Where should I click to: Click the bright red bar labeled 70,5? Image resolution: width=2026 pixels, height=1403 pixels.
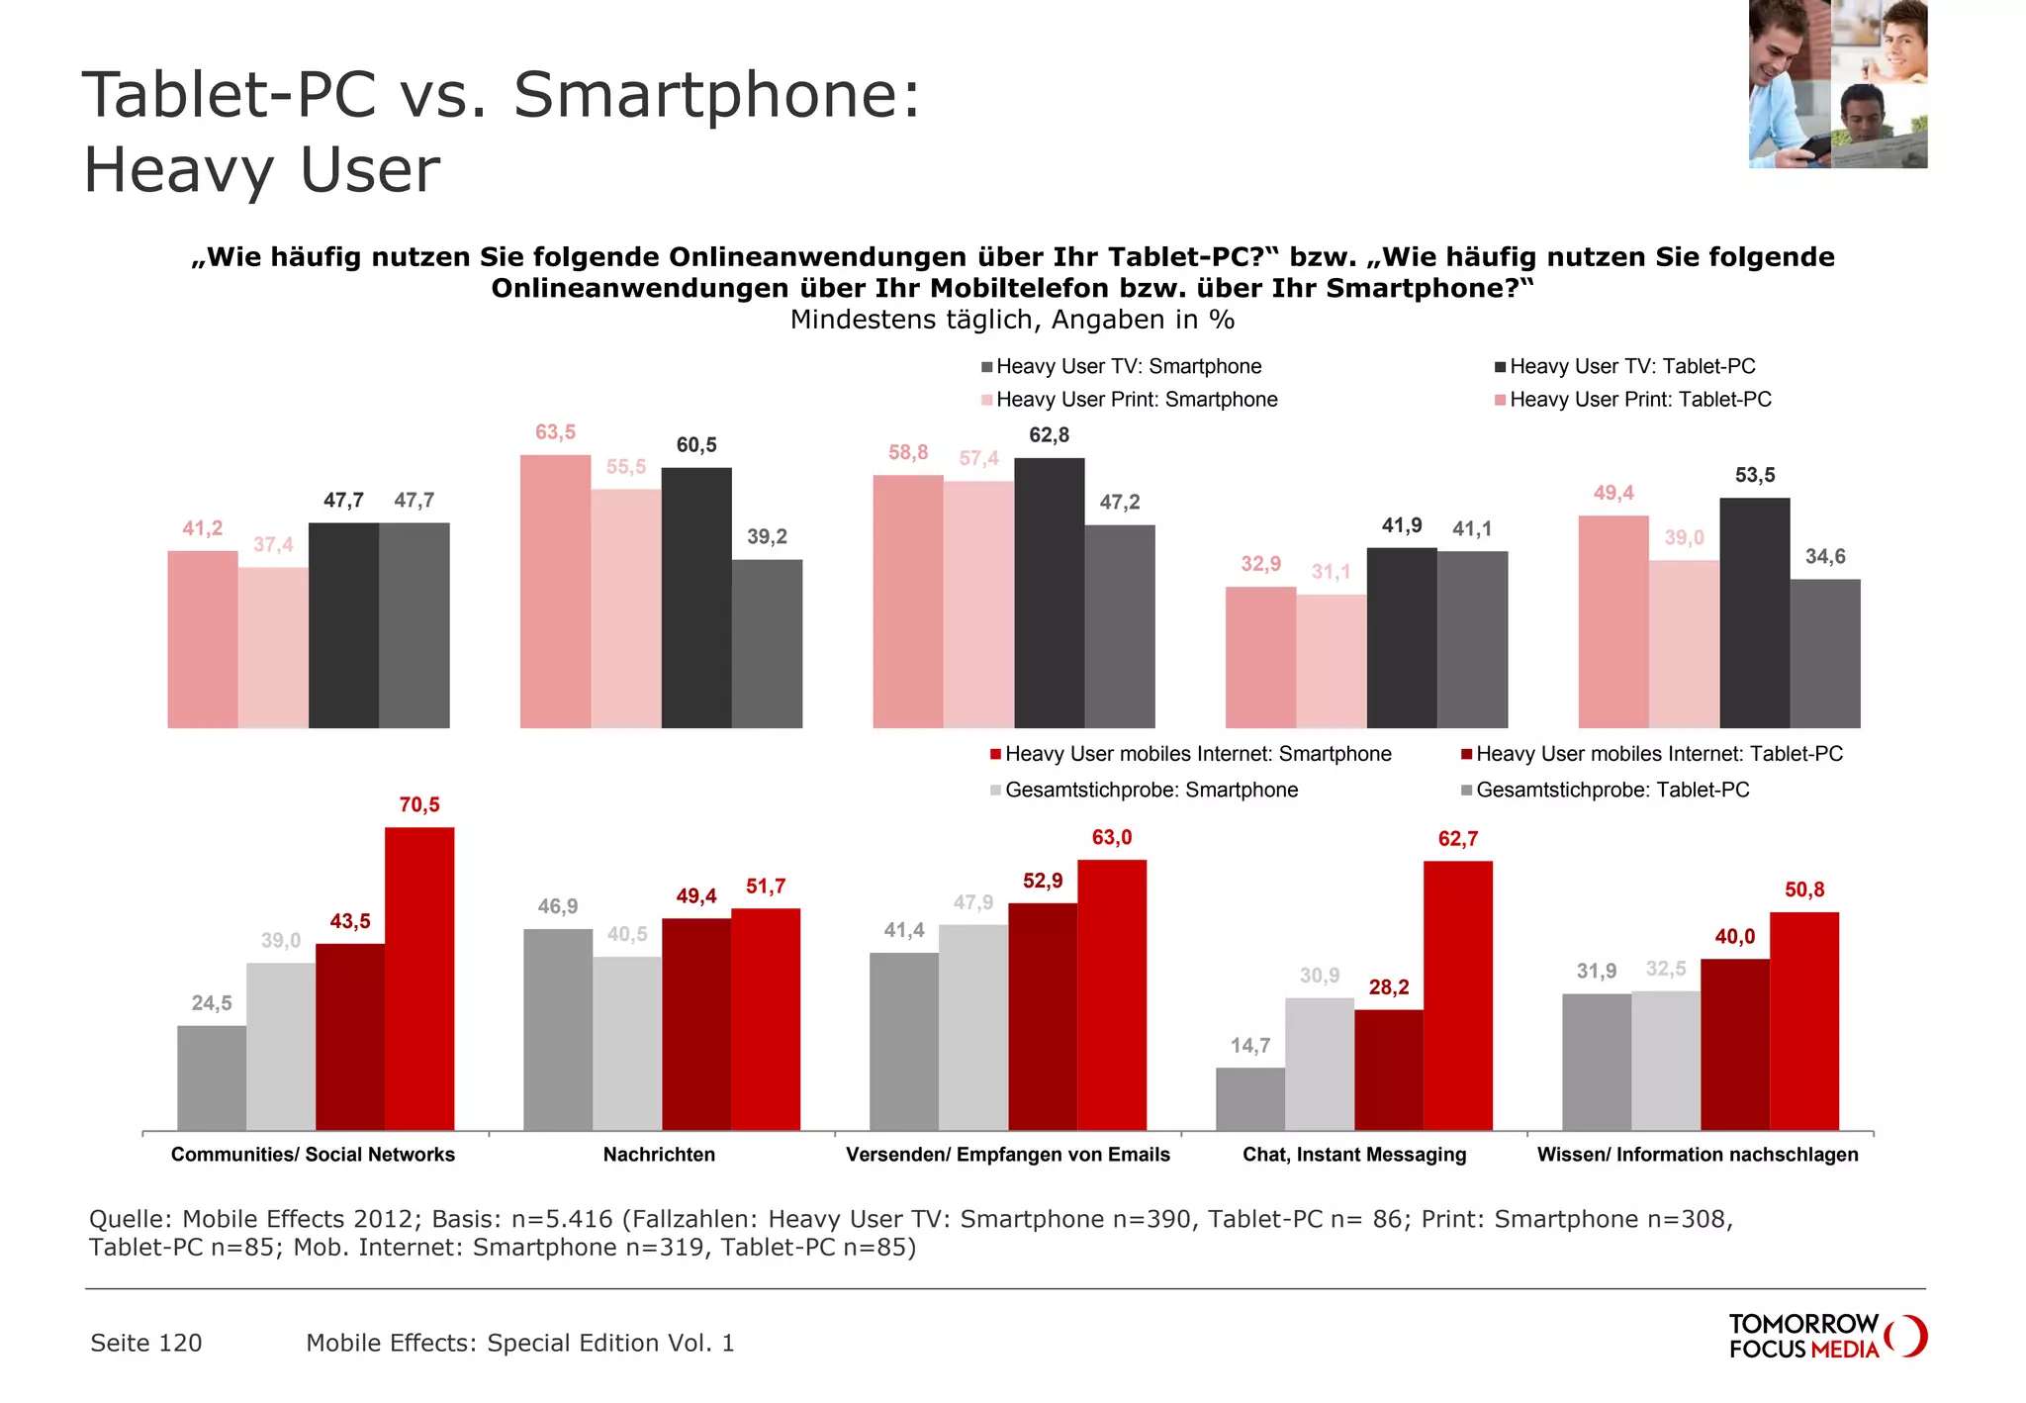(x=419, y=979)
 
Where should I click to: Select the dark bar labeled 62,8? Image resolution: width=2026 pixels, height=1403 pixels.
(x=1049, y=593)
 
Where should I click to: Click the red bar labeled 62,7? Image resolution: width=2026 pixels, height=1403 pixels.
(x=1458, y=995)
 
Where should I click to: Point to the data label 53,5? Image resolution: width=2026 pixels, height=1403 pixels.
(x=1755, y=476)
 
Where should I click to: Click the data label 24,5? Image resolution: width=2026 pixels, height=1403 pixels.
(x=212, y=1004)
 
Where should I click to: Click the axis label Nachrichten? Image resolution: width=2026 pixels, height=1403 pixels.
(x=659, y=1155)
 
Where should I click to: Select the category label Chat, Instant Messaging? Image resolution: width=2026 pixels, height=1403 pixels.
(x=1354, y=1155)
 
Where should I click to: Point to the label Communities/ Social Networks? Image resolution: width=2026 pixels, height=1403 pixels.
(x=313, y=1155)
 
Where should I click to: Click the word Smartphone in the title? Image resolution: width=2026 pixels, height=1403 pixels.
(x=716, y=96)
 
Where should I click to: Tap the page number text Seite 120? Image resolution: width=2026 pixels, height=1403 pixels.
(x=146, y=1344)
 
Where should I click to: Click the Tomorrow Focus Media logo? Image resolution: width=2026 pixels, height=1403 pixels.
(x=1826, y=1337)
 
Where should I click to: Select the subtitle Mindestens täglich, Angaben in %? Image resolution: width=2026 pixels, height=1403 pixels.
(x=1012, y=321)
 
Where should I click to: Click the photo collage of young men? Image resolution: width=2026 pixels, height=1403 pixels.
(x=1837, y=84)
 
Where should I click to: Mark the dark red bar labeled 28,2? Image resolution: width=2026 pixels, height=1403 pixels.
(x=1389, y=1070)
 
